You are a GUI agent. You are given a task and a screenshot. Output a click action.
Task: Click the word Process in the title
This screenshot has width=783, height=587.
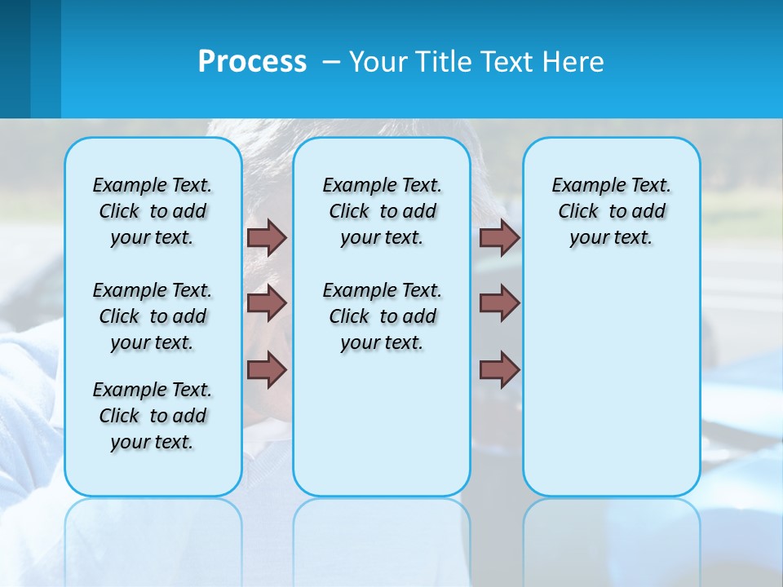click(x=252, y=62)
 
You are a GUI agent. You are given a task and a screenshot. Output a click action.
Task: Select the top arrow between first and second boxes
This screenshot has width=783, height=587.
click(x=267, y=237)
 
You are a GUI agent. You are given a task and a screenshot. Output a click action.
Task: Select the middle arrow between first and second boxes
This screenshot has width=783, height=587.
click(x=267, y=303)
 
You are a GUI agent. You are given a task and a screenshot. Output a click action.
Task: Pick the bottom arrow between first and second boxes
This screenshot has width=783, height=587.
click(x=267, y=369)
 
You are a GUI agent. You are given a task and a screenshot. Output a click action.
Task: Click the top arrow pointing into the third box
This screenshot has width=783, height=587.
click(x=499, y=237)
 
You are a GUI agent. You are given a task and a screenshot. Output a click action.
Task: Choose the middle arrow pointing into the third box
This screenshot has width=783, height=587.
click(x=499, y=303)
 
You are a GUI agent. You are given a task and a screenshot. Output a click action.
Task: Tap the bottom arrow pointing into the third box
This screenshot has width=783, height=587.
click(x=499, y=369)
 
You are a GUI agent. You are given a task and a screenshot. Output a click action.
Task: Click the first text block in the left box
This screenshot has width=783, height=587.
click(x=153, y=211)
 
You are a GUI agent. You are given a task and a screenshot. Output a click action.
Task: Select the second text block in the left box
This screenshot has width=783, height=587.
click(x=153, y=316)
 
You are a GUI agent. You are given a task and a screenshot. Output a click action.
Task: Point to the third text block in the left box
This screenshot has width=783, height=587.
click(x=153, y=416)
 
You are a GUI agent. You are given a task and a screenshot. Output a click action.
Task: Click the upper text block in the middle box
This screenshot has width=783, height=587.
click(x=382, y=211)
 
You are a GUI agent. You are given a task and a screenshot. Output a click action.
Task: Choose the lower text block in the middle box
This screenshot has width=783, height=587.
click(x=382, y=316)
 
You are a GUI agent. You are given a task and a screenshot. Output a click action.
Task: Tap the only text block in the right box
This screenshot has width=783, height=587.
click(x=611, y=211)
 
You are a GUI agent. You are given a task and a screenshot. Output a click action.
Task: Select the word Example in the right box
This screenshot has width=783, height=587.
click(x=582, y=185)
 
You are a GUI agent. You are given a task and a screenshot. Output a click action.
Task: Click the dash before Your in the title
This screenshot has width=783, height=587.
click(x=331, y=62)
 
